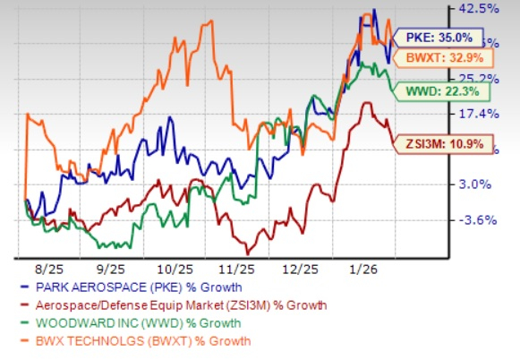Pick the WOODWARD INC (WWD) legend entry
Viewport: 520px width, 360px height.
(x=131, y=323)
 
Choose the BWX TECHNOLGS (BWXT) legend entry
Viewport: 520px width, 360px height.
(x=137, y=340)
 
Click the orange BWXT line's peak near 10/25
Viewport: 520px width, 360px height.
(x=208, y=21)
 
